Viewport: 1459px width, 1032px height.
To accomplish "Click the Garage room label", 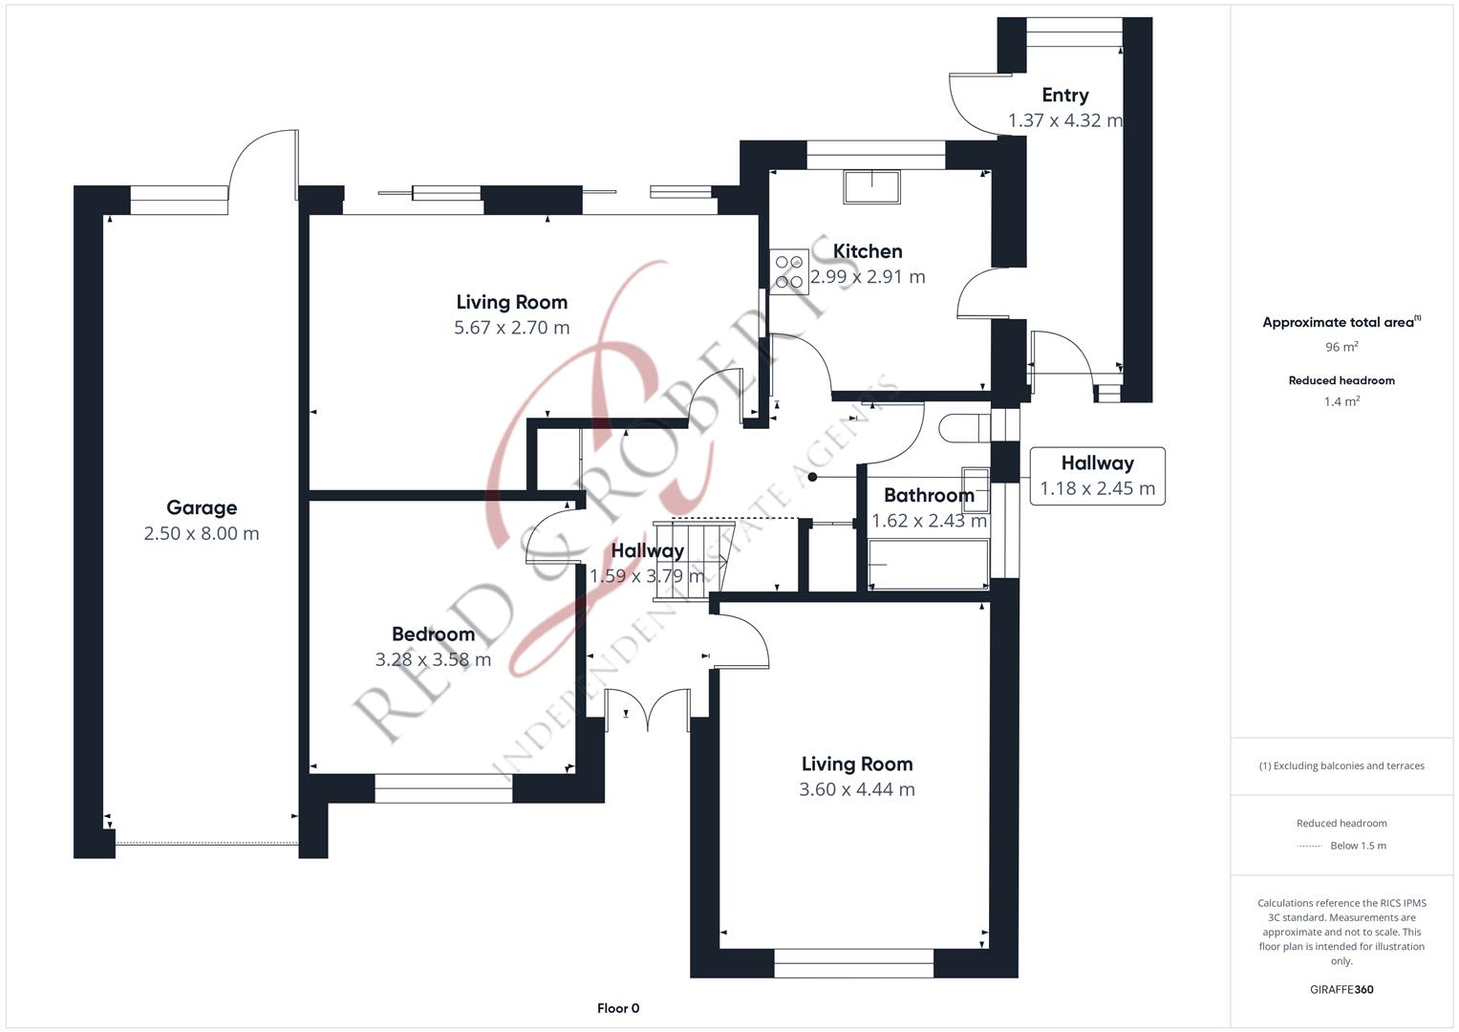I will point(201,507).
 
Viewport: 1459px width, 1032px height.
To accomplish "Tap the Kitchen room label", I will point(867,251).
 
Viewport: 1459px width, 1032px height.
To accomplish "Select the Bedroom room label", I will point(433,634).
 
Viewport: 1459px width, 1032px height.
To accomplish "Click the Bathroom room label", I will point(928,495).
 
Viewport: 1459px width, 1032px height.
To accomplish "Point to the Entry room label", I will point(1064,96).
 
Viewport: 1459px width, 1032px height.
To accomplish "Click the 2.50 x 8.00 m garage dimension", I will point(201,533).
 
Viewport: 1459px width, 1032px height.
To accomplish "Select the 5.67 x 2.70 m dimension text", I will point(511,328).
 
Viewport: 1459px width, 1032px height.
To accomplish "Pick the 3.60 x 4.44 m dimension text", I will point(856,789).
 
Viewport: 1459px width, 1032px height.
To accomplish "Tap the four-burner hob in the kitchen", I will point(789,270).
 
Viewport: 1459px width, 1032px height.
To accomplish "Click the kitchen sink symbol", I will point(870,186).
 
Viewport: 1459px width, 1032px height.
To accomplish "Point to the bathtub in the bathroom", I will point(928,565).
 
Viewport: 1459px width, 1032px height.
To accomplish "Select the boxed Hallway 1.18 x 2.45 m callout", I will point(1097,476).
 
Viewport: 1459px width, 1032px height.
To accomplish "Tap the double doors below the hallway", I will point(647,708).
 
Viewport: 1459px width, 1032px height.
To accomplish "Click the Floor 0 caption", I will point(617,1008).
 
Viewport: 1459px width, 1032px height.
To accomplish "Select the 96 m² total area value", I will point(1341,347).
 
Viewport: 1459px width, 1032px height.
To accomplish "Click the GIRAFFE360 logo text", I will point(1341,989).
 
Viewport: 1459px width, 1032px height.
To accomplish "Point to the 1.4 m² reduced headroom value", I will point(1341,401).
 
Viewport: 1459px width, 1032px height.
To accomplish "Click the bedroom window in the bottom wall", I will point(443,788).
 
